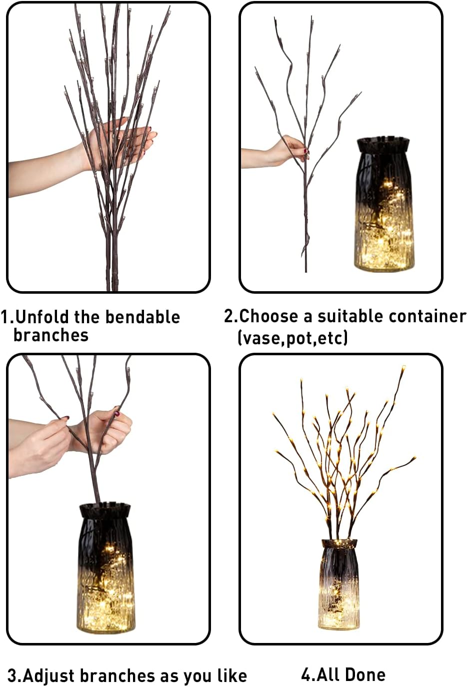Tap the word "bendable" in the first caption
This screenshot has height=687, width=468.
(x=142, y=317)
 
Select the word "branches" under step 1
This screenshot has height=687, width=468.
(x=51, y=335)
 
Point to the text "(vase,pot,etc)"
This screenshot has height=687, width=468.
(x=292, y=337)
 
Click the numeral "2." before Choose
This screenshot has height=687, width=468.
(x=231, y=316)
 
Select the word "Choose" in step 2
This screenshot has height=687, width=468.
(x=268, y=316)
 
